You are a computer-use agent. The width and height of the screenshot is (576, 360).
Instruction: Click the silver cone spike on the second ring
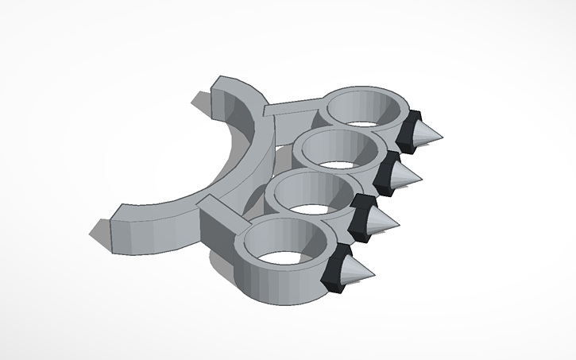point(406,176)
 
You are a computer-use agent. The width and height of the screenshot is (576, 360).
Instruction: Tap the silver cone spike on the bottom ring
point(357,273)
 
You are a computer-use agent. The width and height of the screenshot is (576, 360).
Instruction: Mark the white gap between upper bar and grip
point(274,131)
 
